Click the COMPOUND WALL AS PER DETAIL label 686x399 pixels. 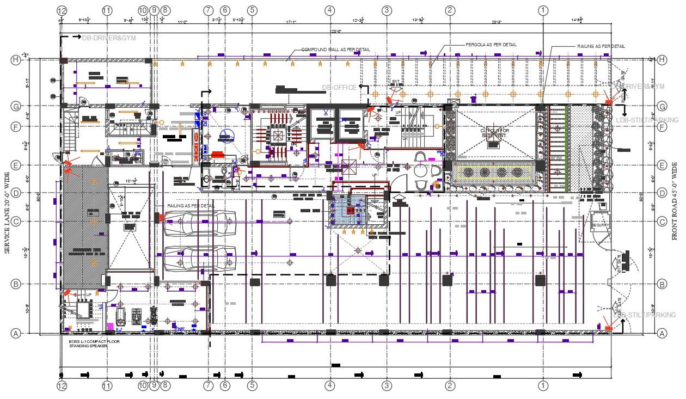click(336, 50)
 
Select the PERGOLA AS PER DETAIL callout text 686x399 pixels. click(491, 45)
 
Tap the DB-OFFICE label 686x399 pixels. click(339, 87)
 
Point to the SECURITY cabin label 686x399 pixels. click(600, 225)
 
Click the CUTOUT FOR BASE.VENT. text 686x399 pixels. click(494, 133)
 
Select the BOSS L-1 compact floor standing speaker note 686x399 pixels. click(94, 343)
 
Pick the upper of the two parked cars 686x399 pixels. click(199, 223)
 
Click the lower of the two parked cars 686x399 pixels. click(199, 258)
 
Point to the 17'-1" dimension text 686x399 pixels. click(291, 22)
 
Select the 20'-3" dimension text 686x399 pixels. click(497, 22)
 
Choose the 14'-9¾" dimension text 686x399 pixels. click(577, 21)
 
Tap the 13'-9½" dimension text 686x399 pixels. click(418, 21)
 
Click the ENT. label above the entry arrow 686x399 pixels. click(396, 82)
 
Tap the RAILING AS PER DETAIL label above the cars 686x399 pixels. click(191, 206)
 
